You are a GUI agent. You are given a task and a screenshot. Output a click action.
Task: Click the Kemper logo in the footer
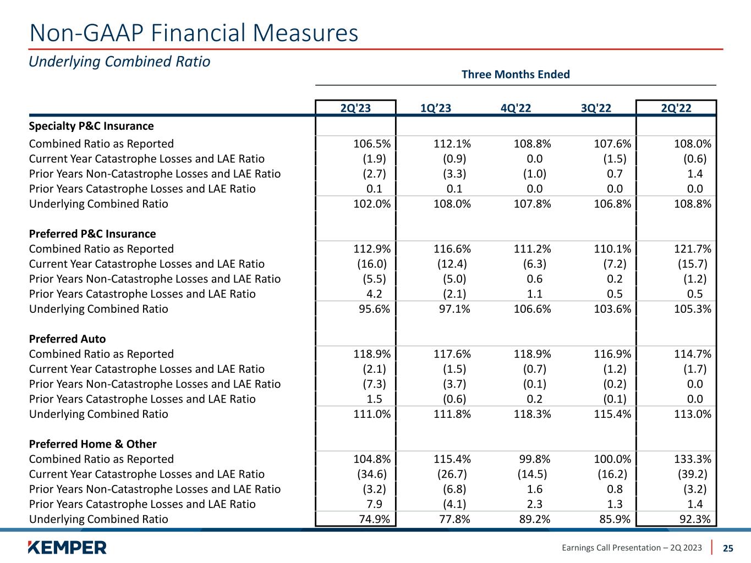[x=67, y=547]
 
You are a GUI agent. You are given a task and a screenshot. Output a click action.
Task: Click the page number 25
[x=728, y=548]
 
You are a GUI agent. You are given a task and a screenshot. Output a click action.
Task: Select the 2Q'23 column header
[x=355, y=108]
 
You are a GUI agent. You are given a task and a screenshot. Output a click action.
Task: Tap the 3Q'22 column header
[x=596, y=108]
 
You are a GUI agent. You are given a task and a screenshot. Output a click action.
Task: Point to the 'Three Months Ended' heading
[x=516, y=74]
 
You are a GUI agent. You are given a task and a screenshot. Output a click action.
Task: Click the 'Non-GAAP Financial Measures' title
[x=194, y=33]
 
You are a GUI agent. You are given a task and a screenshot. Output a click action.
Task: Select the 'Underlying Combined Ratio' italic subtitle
[x=119, y=62]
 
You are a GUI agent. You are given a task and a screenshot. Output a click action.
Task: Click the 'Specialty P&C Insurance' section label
[x=91, y=126]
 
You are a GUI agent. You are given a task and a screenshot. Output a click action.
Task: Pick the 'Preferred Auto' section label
[x=67, y=339]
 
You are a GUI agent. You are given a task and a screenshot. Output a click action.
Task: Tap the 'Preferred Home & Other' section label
[x=92, y=444]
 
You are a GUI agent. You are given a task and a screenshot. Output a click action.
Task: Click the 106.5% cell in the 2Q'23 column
[x=372, y=144]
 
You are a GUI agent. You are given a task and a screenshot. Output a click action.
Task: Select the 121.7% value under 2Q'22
[x=692, y=249]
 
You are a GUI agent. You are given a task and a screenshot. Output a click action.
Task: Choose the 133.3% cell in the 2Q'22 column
[x=692, y=459]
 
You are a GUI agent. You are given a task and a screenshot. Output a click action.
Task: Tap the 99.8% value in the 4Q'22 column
[x=535, y=459]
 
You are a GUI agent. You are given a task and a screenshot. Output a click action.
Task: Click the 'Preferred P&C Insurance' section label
[x=92, y=234]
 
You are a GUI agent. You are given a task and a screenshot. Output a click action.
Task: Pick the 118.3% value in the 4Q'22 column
[x=532, y=414]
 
